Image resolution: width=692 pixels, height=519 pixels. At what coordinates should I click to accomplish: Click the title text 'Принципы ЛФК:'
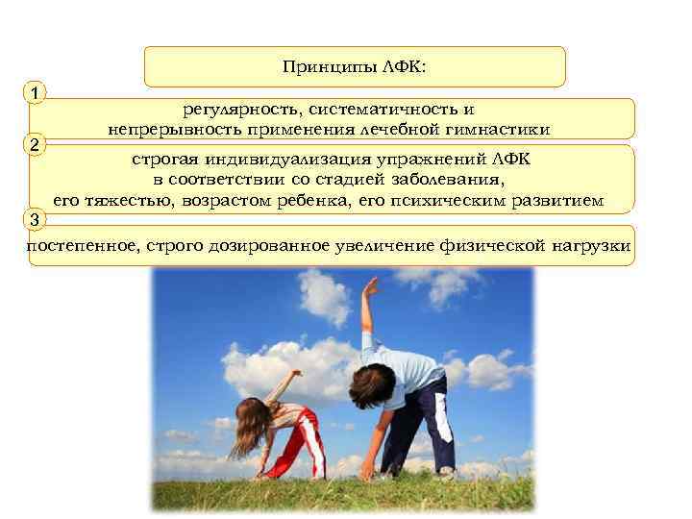pyautogui.click(x=355, y=67)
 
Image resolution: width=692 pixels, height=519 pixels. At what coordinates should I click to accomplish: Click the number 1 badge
pyautogui.click(x=35, y=93)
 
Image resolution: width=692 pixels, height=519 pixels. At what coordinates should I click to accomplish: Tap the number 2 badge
pyautogui.click(x=35, y=146)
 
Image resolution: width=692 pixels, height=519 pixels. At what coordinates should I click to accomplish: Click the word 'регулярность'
pyautogui.click(x=235, y=110)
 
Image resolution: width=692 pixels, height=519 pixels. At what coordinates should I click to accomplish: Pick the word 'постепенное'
pyautogui.click(x=83, y=247)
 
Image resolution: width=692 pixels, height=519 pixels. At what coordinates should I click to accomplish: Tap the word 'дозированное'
pyautogui.click(x=293, y=247)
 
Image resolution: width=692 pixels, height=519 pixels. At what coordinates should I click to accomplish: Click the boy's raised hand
pyautogui.click(x=370, y=285)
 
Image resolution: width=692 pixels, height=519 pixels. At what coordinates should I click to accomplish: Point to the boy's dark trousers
pyautogui.click(x=423, y=423)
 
